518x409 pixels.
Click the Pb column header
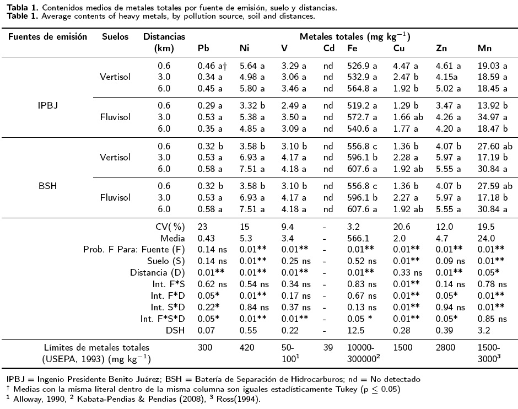(203, 49)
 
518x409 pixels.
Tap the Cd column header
(329, 49)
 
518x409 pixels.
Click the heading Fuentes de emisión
(47, 36)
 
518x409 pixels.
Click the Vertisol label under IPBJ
(115, 77)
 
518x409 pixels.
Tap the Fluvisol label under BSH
(115, 199)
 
